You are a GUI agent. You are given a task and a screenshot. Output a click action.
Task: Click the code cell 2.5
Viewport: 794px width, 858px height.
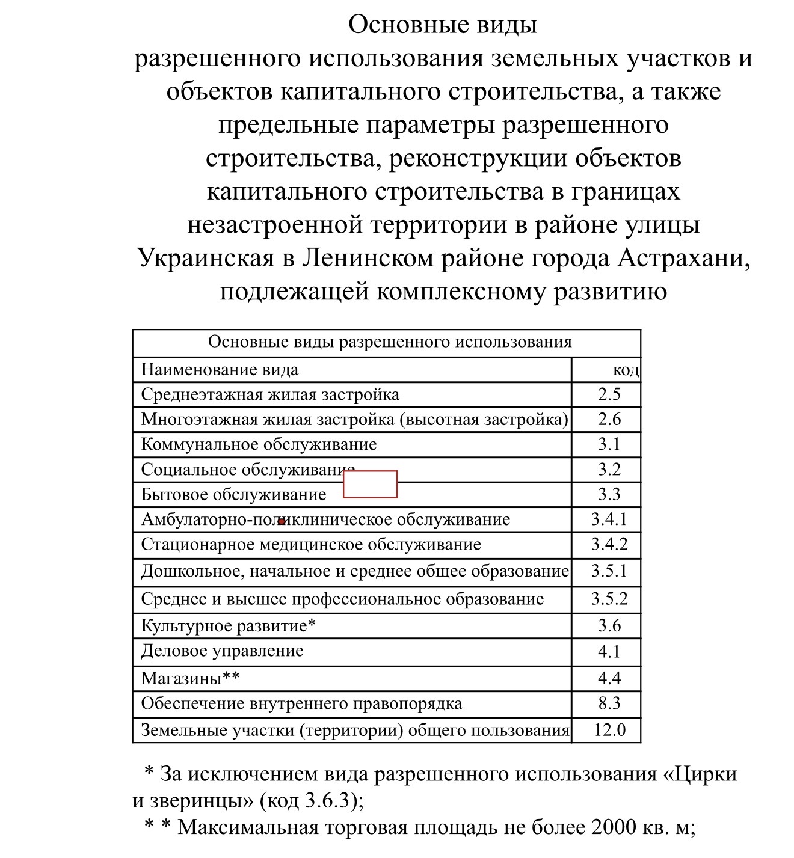609,394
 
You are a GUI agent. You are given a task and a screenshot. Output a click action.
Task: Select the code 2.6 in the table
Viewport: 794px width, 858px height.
609,419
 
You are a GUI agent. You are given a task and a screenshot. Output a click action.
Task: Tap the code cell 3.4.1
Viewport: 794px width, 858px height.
609,519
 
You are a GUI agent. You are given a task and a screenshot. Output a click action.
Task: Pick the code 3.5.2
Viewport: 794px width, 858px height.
609,599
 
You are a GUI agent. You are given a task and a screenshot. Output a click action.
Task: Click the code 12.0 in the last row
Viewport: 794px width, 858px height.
609,730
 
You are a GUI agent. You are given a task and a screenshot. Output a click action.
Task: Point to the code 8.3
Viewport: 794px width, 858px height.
609,703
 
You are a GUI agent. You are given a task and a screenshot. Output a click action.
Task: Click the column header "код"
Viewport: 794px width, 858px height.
626,369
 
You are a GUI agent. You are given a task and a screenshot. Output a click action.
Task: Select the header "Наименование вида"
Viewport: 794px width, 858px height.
220,369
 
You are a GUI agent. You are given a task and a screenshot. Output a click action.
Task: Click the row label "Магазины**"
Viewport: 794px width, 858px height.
190,678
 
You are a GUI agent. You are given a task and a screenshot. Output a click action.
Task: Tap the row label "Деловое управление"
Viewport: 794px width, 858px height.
222,651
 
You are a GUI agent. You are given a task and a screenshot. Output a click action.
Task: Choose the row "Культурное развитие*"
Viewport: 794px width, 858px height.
228,625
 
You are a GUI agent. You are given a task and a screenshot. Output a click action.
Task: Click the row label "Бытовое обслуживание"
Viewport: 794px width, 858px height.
233,494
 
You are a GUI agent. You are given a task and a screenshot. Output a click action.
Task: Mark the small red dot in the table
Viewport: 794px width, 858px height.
281,521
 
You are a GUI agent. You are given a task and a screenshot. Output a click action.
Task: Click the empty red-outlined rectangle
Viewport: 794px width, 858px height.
370,484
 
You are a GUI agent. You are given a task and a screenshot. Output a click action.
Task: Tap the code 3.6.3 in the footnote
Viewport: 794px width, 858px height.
327,800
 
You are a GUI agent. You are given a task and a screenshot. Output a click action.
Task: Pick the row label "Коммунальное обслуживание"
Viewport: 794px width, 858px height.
259,444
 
